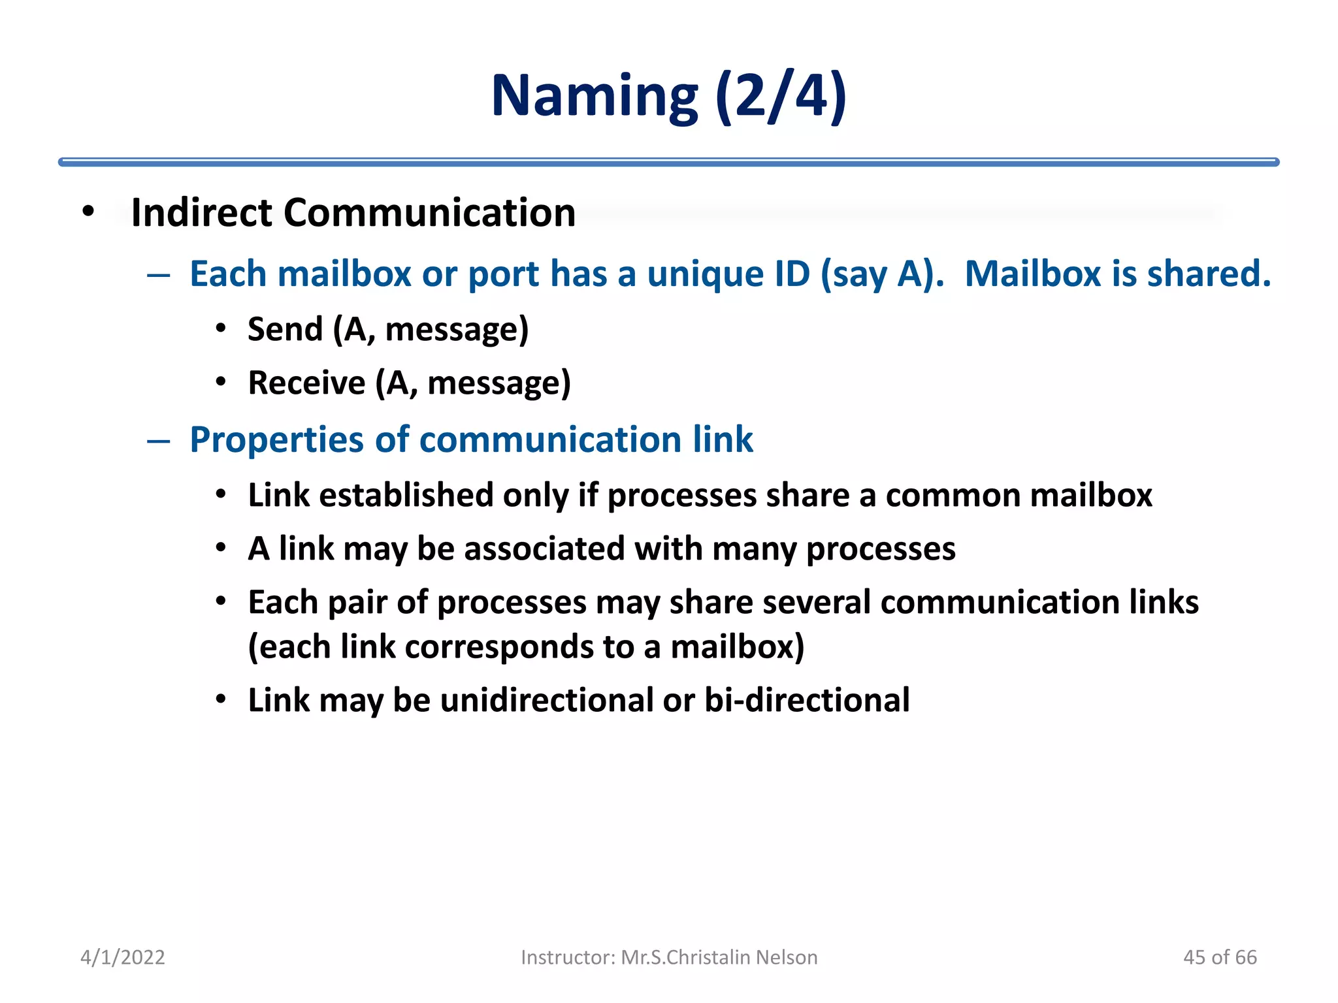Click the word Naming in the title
coord(595,97)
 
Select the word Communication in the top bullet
coord(429,213)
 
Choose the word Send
coord(285,328)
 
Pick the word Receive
coord(306,383)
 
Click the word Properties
coord(276,440)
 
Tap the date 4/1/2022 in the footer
coord(123,957)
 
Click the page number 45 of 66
coord(1220,957)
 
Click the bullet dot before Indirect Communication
coord(89,212)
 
